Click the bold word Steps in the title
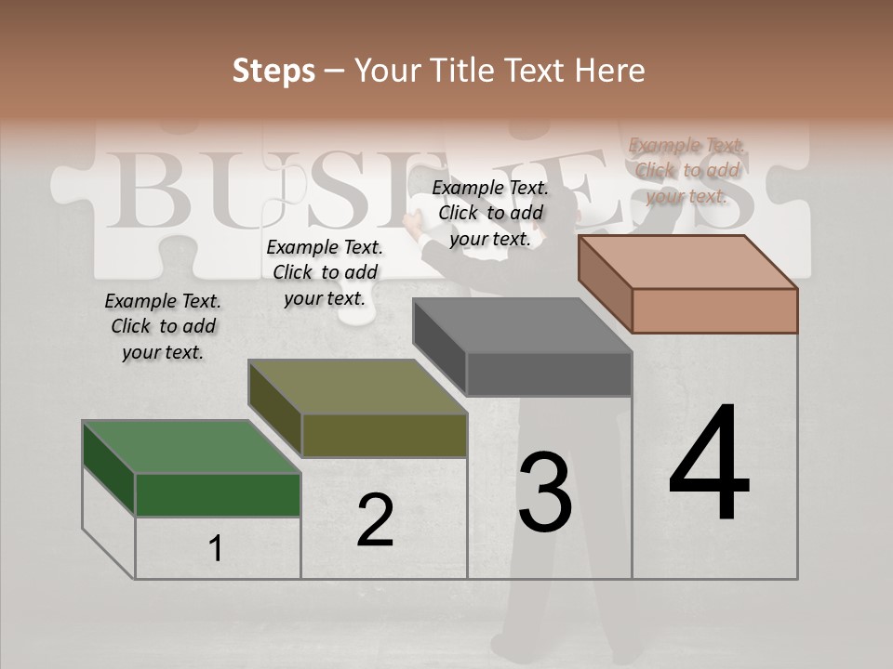pyautogui.click(x=273, y=71)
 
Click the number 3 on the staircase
pyautogui.click(x=544, y=492)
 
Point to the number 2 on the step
pyautogui.click(x=375, y=520)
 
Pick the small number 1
pyautogui.click(x=215, y=548)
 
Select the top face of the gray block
pyautogui.click(x=522, y=326)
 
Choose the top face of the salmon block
pyautogui.click(x=687, y=262)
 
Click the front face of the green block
pyautogui.click(x=218, y=494)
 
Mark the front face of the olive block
pyautogui.click(x=384, y=435)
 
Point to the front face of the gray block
pyautogui.click(x=549, y=374)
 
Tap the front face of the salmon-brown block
pyautogui.click(x=714, y=310)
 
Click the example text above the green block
pyautogui.click(x=163, y=326)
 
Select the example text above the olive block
pyautogui.click(x=325, y=272)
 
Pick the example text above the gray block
pyautogui.click(x=490, y=213)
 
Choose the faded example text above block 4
pyautogui.click(x=686, y=170)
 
